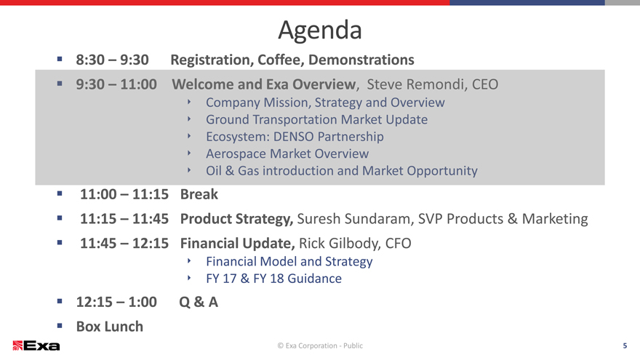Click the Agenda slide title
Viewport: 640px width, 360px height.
[320, 31]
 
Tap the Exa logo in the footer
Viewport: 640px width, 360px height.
[36, 345]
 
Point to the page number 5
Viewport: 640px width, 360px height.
[625, 345]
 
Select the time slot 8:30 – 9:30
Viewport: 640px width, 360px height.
[112, 60]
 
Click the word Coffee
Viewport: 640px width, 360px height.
[281, 60]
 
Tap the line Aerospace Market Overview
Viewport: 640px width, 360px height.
[287, 154]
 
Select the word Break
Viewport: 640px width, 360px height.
[199, 194]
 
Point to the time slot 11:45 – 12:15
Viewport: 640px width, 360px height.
[124, 243]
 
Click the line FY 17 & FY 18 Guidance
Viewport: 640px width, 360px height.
[274, 279]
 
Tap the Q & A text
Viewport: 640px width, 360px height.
[199, 302]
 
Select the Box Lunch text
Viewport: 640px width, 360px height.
[110, 327]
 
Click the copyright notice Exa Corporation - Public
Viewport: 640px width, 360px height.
[320, 345]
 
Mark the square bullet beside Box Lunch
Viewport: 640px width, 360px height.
[60, 326]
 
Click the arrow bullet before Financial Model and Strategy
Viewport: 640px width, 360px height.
[189, 260]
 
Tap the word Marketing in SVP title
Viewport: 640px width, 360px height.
[555, 219]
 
